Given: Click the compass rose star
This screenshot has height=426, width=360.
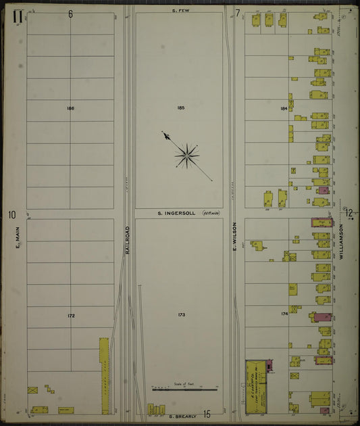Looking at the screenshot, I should [187, 156].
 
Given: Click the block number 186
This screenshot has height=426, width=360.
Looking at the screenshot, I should [70, 108].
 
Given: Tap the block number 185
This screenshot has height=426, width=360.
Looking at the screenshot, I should [180, 108].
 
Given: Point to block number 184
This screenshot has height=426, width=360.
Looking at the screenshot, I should [284, 108].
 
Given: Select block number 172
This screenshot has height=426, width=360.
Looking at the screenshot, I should [70, 315].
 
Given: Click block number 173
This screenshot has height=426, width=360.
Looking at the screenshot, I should [180, 315].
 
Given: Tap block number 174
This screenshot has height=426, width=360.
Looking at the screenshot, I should [284, 314].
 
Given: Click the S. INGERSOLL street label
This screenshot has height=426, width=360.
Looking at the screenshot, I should [176, 213].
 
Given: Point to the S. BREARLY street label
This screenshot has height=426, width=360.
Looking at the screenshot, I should [182, 415].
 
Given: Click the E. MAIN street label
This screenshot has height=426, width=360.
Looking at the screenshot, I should [18, 237].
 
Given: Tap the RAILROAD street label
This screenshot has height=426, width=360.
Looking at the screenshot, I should [127, 241].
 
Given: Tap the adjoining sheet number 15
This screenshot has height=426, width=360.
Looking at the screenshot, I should [207, 415].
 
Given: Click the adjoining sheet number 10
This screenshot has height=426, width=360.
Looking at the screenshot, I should [11, 215].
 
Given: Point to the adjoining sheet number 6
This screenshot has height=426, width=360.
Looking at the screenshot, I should [70, 14].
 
